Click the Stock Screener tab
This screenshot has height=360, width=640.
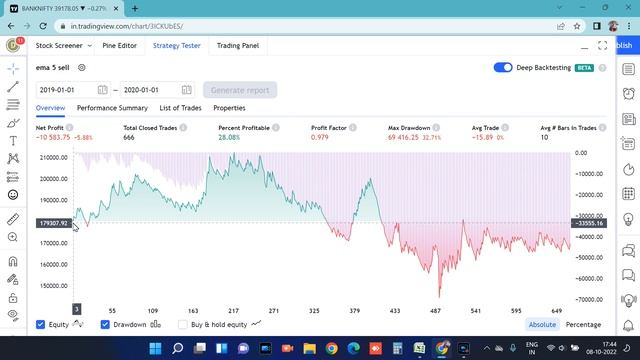pyautogui.click(x=59, y=45)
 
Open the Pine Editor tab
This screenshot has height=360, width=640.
pyautogui.click(x=120, y=45)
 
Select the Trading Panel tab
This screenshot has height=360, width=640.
pyautogui.click(x=238, y=45)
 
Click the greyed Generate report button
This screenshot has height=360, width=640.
pyautogui.click(x=240, y=89)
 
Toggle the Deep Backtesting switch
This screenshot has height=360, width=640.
pyautogui.click(x=504, y=68)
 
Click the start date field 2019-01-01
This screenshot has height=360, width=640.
pyautogui.click(x=66, y=89)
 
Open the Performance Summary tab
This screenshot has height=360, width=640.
pyautogui.click(x=112, y=108)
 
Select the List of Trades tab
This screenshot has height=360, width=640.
pyautogui.click(x=181, y=108)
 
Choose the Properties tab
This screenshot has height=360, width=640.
pyautogui.click(x=229, y=108)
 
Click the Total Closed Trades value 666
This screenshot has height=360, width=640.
pyautogui.click(x=129, y=138)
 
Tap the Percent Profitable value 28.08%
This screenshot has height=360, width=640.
pyautogui.click(x=231, y=138)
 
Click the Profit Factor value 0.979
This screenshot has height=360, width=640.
pyautogui.click(x=320, y=138)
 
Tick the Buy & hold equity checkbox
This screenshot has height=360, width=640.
pyautogui.click(x=183, y=324)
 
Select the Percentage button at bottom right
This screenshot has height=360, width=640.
pyautogui.click(x=584, y=324)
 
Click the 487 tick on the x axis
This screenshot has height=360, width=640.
pyautogui.click(x=436, y=311)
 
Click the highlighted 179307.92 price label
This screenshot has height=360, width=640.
pyautogui.click(x=53, y=223)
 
